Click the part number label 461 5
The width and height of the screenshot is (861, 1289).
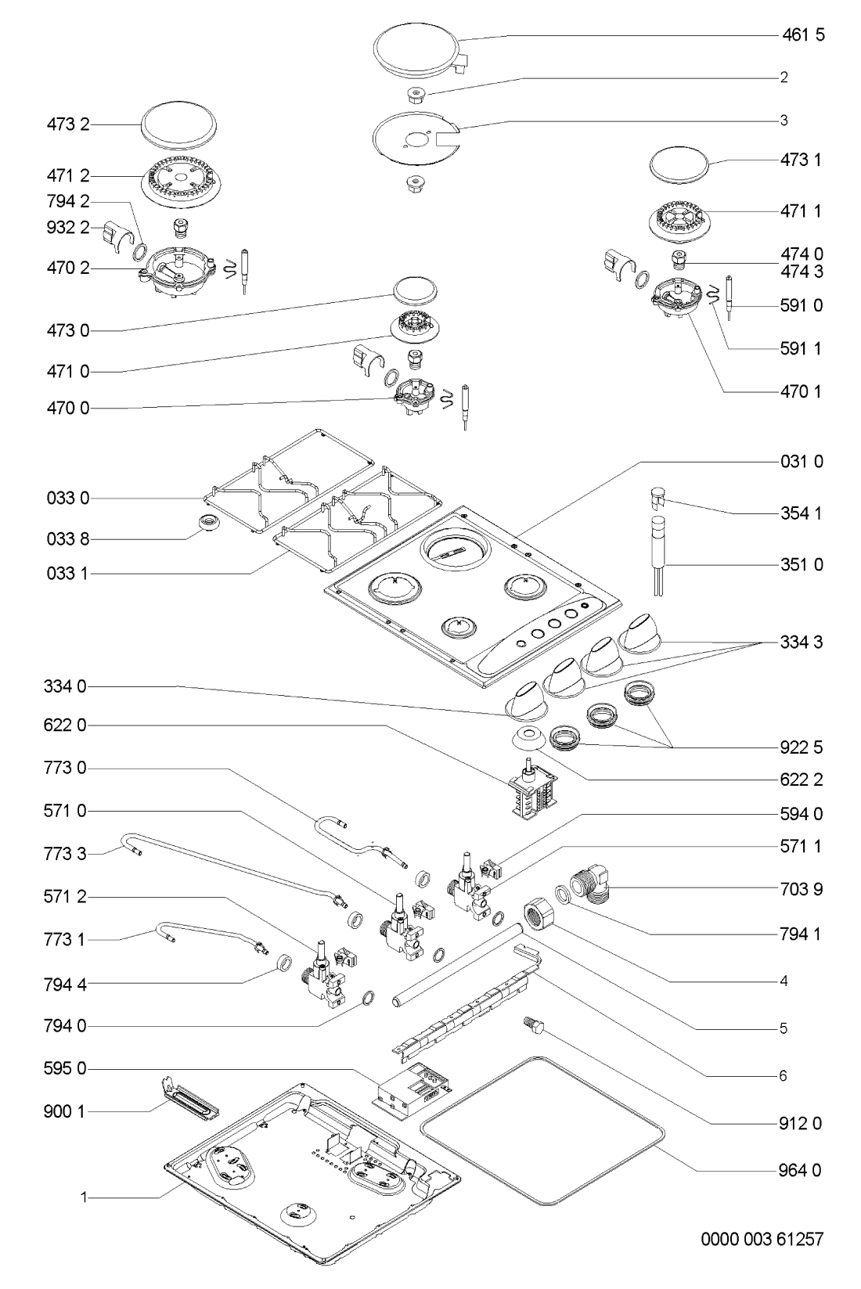click(802, 35)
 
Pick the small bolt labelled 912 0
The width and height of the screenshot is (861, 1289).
click(532, 1025)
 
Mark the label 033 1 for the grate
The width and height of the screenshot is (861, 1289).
click(67, 574)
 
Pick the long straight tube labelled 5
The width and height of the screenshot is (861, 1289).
click(458, 963)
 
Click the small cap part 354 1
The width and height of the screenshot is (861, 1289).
click(657, 495)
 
